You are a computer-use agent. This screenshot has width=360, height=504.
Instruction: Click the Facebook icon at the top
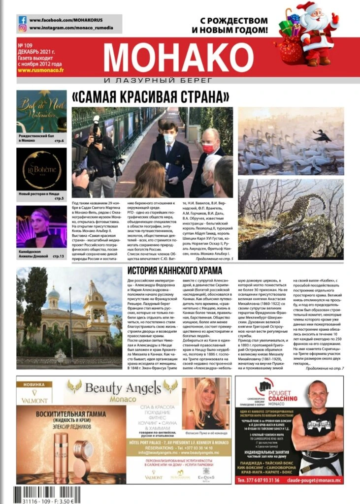tap(23, 20)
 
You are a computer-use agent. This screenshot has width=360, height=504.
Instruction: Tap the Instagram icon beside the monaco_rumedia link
tap(23, 28)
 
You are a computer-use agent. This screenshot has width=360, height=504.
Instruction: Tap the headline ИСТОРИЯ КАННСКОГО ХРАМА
tap(174, 271)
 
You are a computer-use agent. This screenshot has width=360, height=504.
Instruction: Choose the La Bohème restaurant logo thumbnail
tap(41, 169)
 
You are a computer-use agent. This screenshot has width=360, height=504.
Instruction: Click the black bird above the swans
tap(323, 136)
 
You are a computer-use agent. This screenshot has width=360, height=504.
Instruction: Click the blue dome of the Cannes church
tap(54, 294)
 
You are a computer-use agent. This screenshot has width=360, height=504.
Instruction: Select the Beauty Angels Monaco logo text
tap(123, 388)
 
